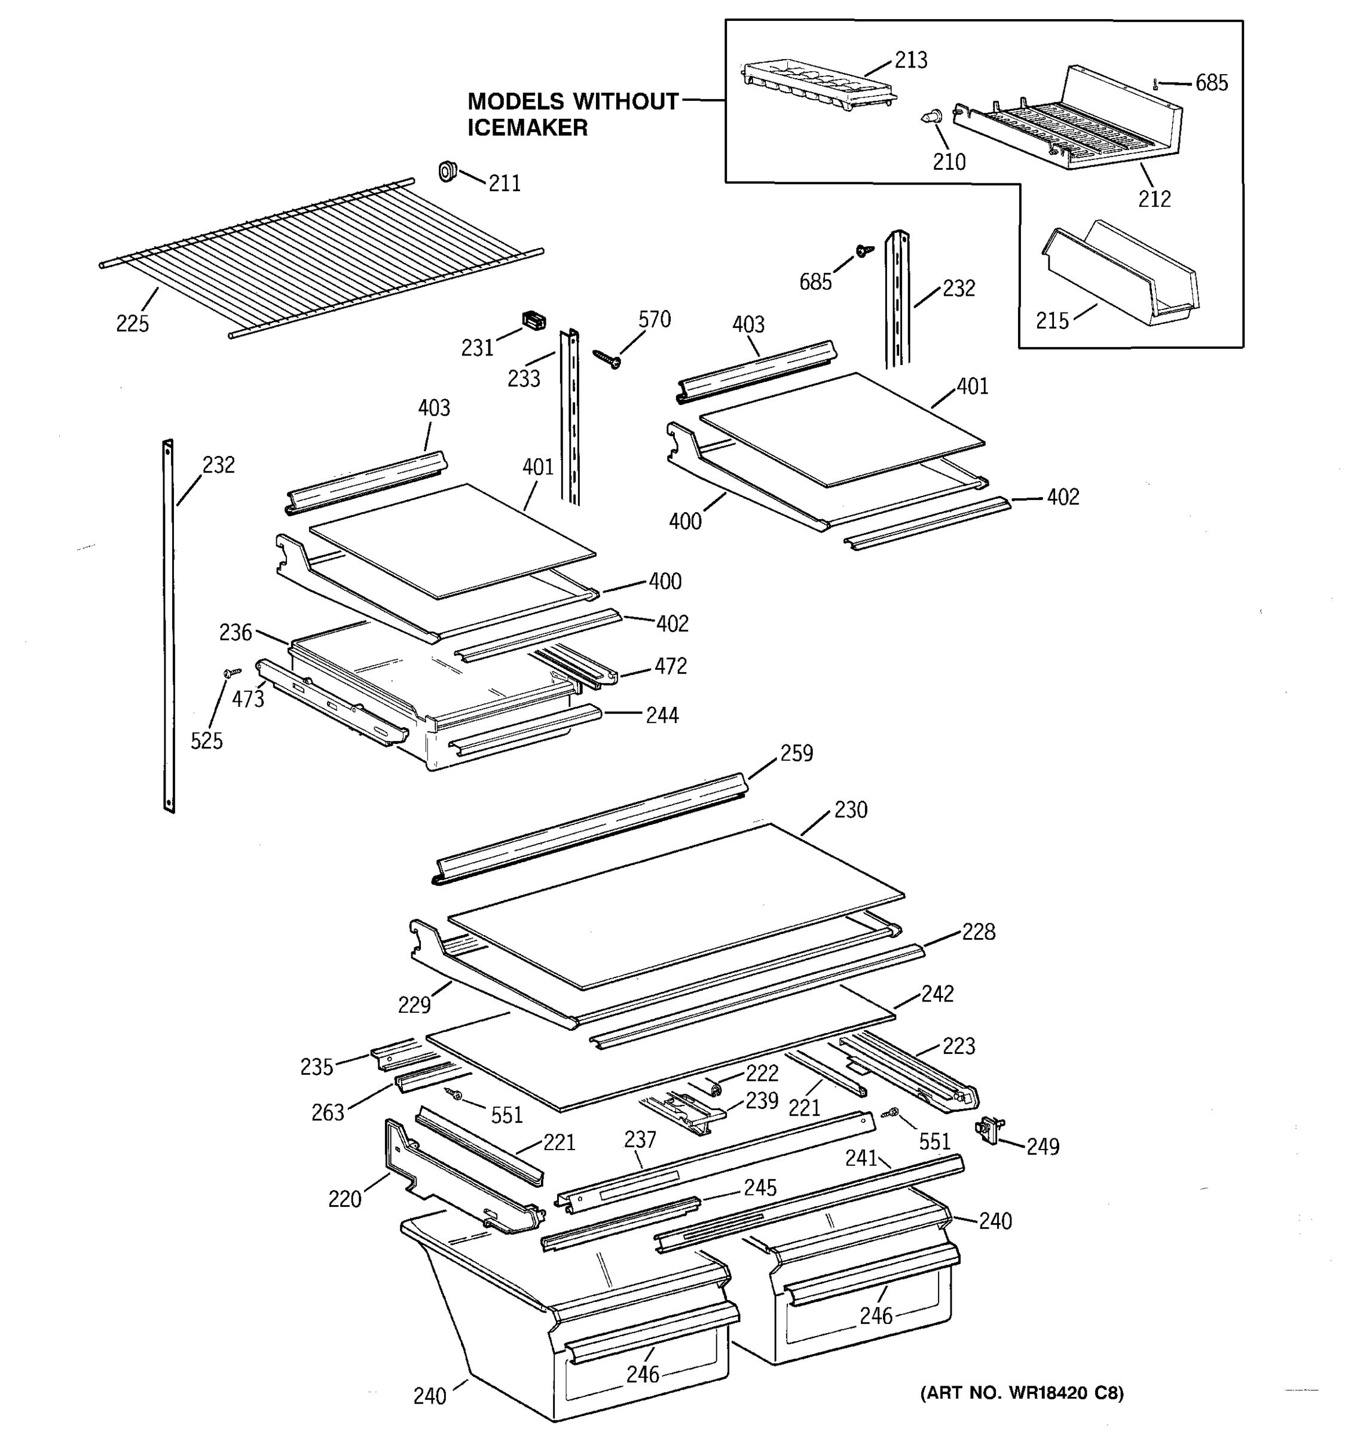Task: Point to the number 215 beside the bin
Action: (1052, 321)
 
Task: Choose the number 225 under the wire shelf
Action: (133, 324)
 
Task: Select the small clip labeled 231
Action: (533, 321)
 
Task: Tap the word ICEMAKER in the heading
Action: (527, 128)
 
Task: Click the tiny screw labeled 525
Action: (231, 672)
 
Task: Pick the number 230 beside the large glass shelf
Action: (851, 810)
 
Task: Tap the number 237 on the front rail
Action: (640, 1139)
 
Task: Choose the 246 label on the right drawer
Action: (876, 1316)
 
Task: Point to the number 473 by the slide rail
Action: (247, 699)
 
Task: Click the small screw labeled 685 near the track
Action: (862, 250)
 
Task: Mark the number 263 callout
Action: (328, 1113)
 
